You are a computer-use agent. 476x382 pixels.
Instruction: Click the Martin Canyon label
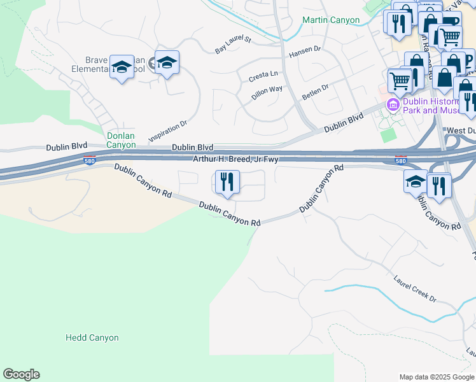[x=331, y=20]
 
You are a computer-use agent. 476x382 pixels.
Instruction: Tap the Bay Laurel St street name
[x=234, y=45]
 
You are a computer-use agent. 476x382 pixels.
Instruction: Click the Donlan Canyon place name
[x=121, y=140]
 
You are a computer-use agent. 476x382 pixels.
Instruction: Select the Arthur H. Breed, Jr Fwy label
[x=236, y=159]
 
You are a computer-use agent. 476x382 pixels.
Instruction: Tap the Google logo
[x=21, y=374]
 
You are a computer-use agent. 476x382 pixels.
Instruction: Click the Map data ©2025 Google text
[x=437, y=377]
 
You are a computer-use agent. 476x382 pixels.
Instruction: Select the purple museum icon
[x=393, y=104]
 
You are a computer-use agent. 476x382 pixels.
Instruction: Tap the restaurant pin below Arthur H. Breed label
[x=227, y=183]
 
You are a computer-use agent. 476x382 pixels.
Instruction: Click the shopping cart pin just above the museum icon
[x=400, y=80]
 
